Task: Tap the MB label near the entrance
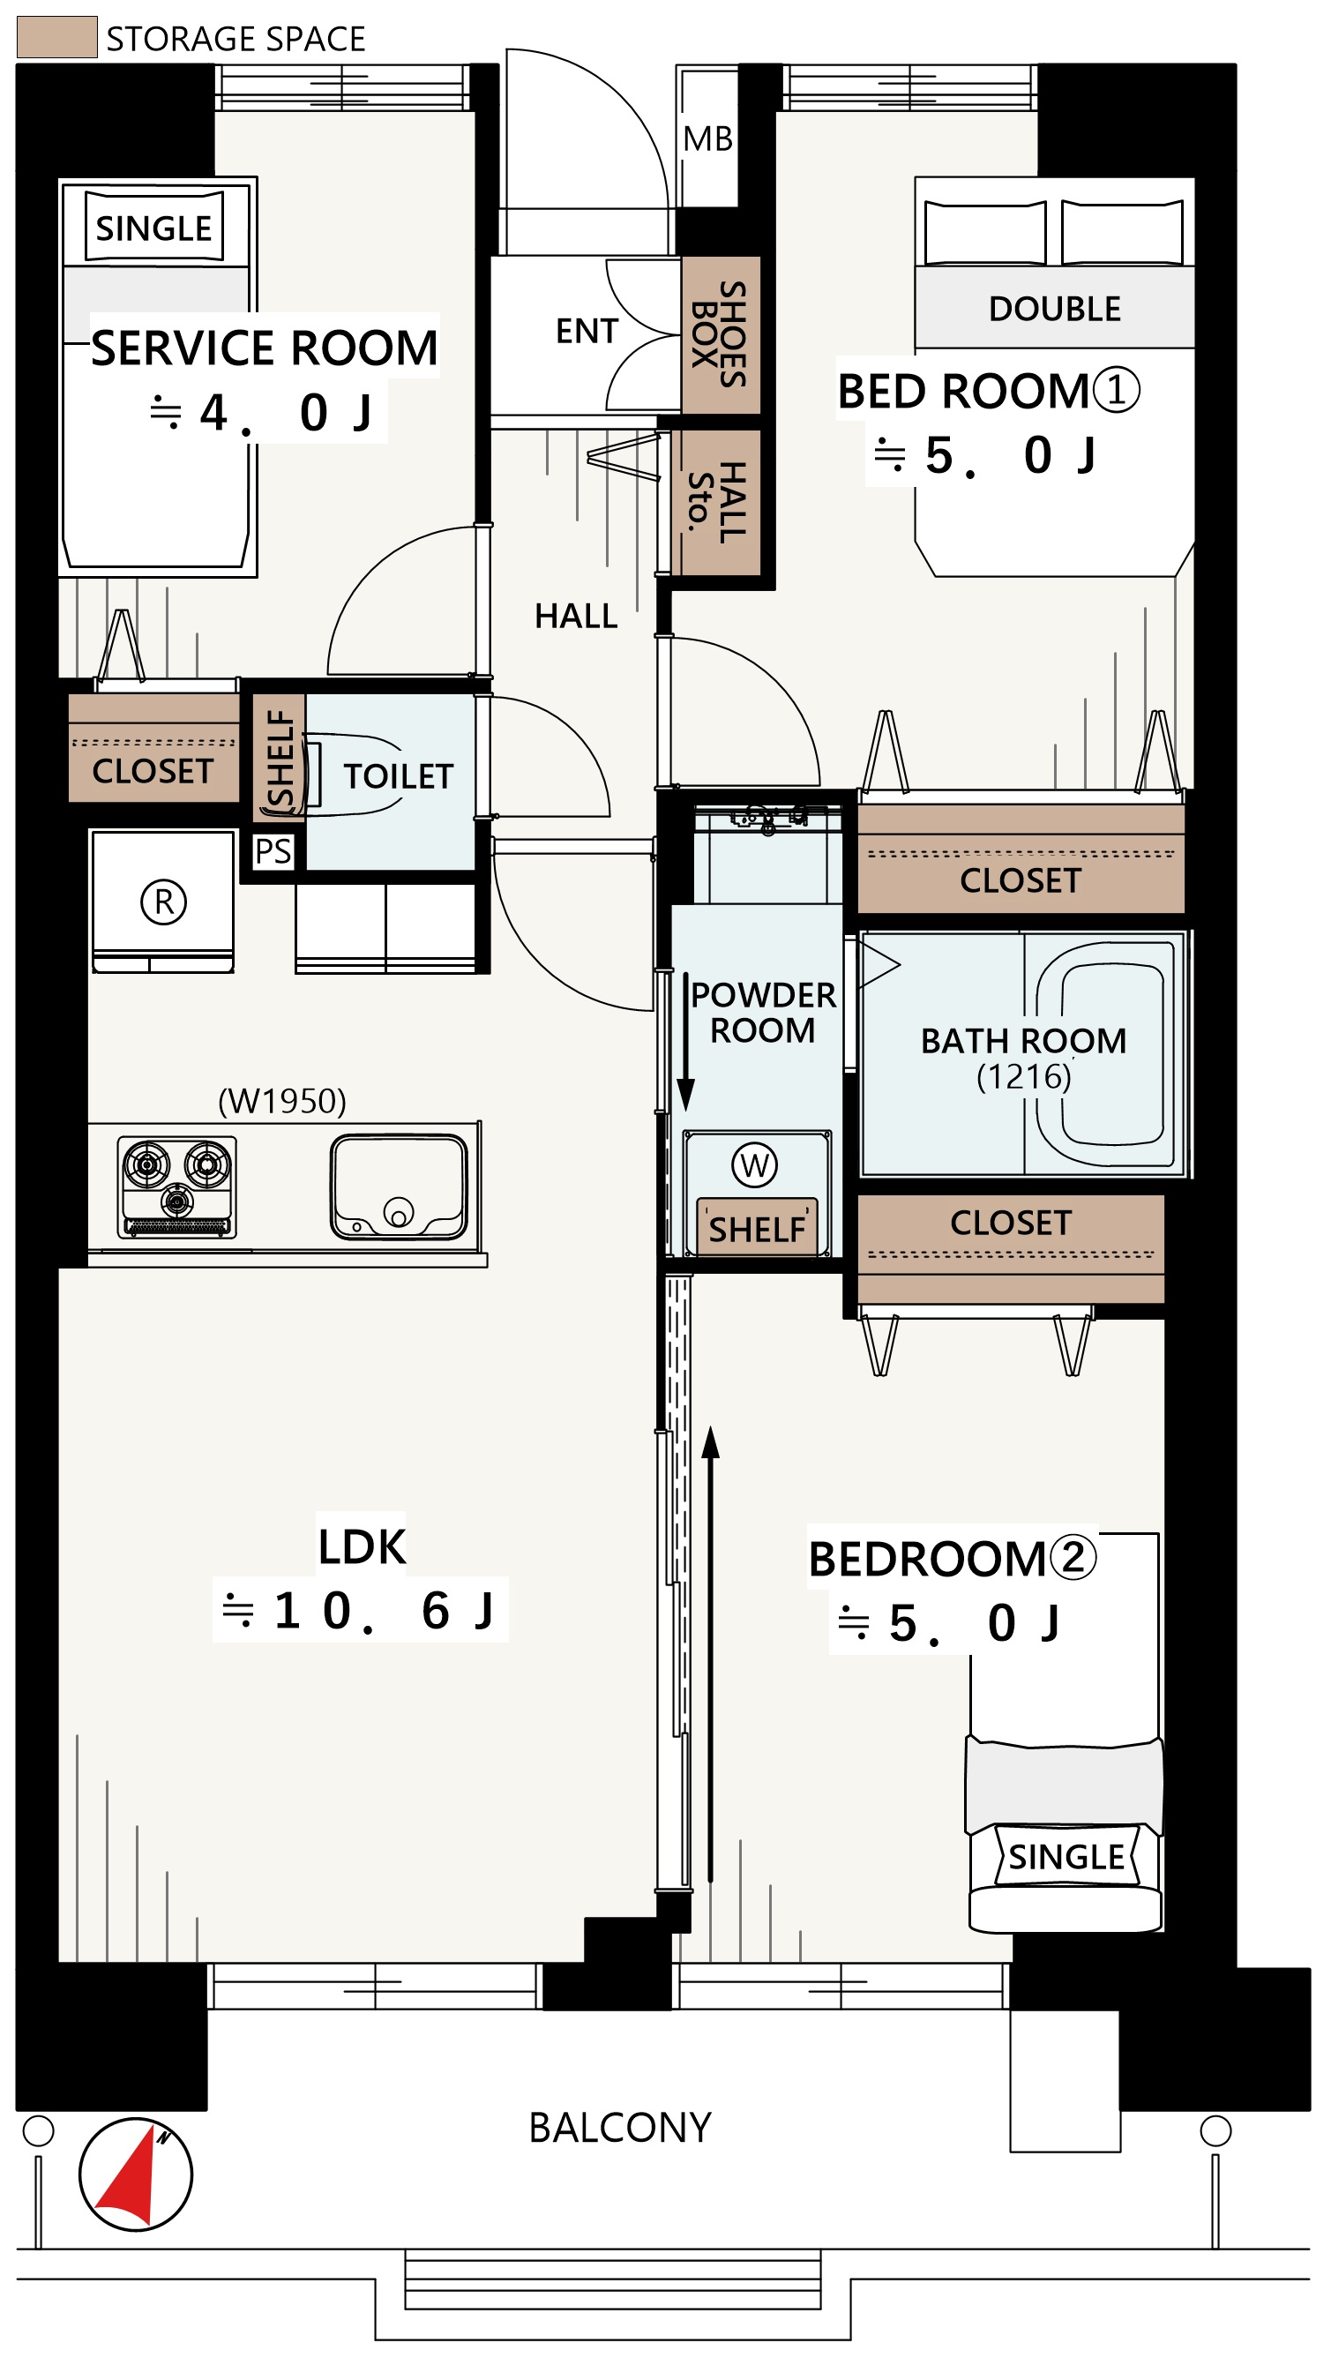click(x=707, y=139)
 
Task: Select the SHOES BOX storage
click(x=721, y=334)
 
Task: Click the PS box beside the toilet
click(x=273, y=851)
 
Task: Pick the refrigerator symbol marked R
click(x=163, y=902)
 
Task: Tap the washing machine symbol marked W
click(x=754, y=1165)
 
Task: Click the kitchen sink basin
click(x=398, y=1187)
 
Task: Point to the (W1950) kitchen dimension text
click(x=282, y=1100)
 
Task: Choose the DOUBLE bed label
click(x=1055, y=310)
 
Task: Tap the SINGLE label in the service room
click(x=153, y=228)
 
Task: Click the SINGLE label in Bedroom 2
click(x=1066, y=1857)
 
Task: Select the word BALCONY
click(x=620, y=2129)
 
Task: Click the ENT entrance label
click(x=587, y=332)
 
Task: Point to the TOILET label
click(x=398, y=777)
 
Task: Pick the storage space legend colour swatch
click(x=56, y=37)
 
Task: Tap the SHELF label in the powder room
click(x=757, y=1230)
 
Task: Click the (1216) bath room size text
click(x=1023, y=1076)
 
